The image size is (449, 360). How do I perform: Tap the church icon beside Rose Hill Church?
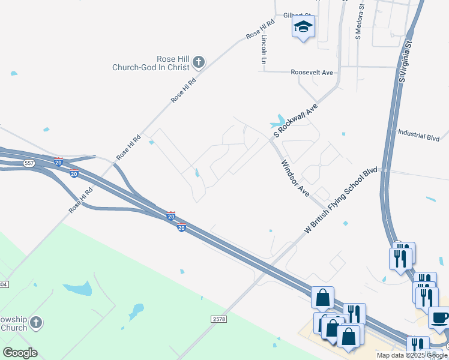pyautogui.click(x=199, y=61)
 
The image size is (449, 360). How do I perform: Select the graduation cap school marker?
pyautogui.click(x=303, y=26)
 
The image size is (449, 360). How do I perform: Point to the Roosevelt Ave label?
pyautogui.click(x=312, y=73)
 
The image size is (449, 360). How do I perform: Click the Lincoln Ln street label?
pyautogui.click(x=264, y=49)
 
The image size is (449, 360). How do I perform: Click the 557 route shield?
pyautogui.click(x=29, y=163)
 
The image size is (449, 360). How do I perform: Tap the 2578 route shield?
pyautogui.click(x=219, y=320)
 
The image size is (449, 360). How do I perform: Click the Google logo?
pyautogui.click(x=20, y=353)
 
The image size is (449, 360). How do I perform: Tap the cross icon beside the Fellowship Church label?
pyautogui.click(x=36, y=323)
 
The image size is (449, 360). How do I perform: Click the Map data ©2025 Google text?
pyautogui.click(x=411, y=355)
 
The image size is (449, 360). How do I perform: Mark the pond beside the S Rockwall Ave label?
pyautogui.click(x=279, y=122)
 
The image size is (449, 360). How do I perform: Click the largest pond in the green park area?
pyautogui.click(x=77, y=289)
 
